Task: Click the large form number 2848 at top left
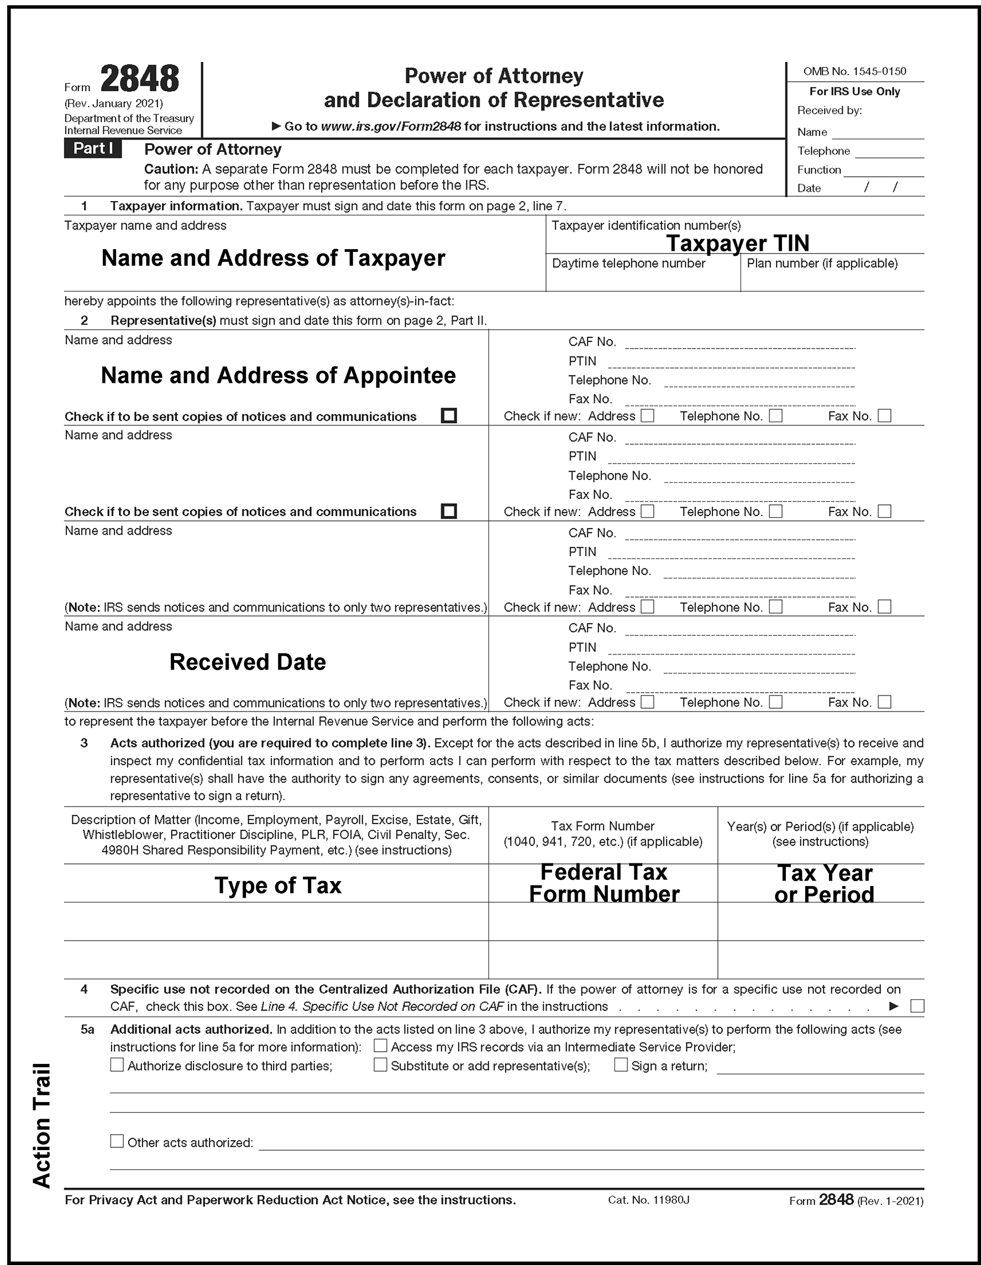tap(140, 80)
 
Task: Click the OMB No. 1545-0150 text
tap(854, 71)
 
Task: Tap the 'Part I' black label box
tap(93, 149)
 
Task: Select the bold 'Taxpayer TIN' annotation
tap(737, 243)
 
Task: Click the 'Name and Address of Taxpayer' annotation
tap(273, 259)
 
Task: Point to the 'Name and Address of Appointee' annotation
tap(278, 375)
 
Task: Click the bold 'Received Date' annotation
tap(248, 662)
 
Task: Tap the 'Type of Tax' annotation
tap(277, 885)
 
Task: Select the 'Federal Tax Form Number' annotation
tap(604, 883)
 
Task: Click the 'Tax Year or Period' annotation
tap(824, 884)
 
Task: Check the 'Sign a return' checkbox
tap(621, 1064)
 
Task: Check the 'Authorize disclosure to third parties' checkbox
tap(117, 1064)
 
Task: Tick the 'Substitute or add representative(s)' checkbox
tap(380, 1064)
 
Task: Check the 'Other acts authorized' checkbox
tap(117, 1141)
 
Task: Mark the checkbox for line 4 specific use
tap(917, 1006)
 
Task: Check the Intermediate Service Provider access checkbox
tap(380, 1046)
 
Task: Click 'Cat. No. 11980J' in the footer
tap(648, 1200)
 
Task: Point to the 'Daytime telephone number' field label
tap(628, 263)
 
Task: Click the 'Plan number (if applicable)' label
tap(822, 263)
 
